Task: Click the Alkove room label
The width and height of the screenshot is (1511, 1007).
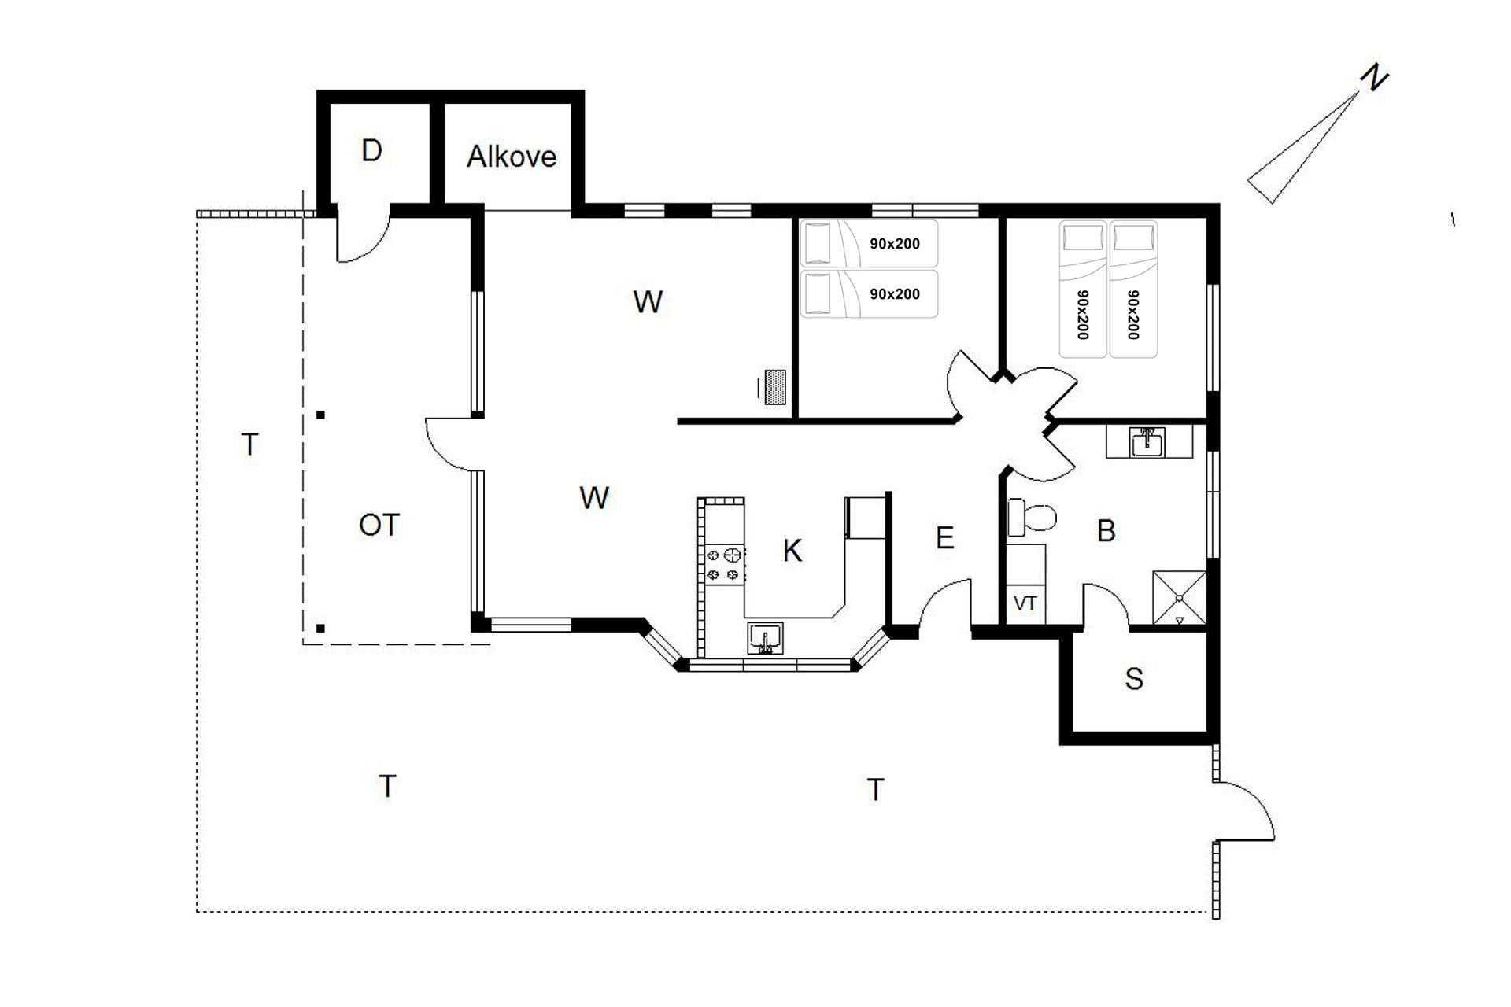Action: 512,157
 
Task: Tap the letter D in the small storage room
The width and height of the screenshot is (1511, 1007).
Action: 371,150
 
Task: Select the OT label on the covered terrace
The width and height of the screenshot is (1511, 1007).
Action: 379,525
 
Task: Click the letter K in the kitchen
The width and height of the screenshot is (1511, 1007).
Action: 792,551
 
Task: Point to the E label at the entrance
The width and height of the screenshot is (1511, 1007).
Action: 945,538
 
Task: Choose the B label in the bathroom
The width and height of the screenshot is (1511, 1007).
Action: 1106,531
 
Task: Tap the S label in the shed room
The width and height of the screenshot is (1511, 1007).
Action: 1134,678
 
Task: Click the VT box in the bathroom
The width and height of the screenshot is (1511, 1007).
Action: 1025,603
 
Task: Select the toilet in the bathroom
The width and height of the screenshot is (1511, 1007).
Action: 1032,517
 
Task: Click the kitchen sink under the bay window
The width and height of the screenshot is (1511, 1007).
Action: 765,638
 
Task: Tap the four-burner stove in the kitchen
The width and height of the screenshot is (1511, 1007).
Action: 725,564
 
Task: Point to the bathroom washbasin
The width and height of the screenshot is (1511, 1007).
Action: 1149,442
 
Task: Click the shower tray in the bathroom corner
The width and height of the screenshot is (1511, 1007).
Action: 1179,598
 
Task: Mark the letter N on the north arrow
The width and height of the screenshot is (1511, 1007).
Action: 1375,79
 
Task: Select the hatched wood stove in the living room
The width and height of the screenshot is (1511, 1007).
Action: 775,387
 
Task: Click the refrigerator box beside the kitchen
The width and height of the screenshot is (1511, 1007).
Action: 866,517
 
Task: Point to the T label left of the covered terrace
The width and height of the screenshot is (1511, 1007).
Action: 249,444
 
